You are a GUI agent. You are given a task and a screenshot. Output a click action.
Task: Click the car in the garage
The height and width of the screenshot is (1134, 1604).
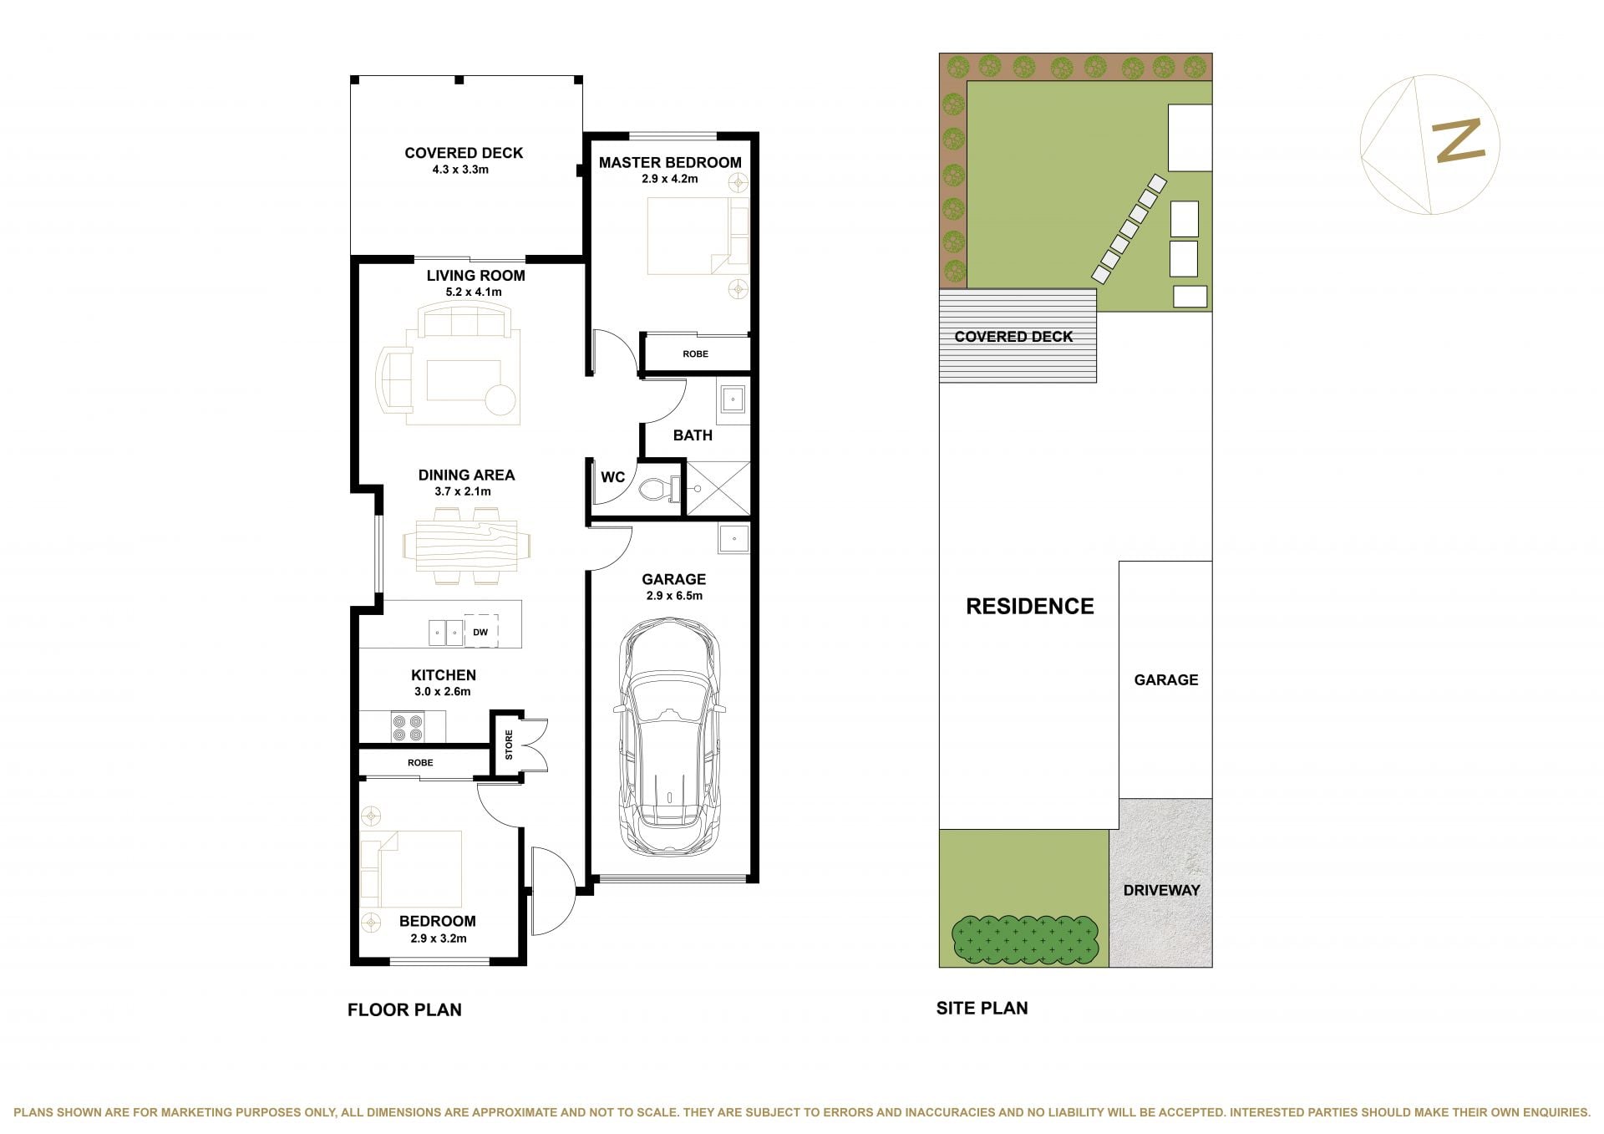point(669,735)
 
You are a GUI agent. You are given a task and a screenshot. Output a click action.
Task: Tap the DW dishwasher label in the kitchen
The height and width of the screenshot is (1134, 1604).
point(480,633)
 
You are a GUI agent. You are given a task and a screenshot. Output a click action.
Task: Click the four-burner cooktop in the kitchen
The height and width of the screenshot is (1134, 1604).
point(407,726)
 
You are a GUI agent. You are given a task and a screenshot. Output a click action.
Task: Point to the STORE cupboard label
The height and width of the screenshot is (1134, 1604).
point(509,745)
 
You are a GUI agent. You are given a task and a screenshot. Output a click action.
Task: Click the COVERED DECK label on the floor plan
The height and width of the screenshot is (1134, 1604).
point(464,153)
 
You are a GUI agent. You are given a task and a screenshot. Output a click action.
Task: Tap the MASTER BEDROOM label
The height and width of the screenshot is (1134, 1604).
point(670,162)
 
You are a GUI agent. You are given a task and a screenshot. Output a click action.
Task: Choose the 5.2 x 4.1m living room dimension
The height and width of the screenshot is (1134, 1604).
point(475,292)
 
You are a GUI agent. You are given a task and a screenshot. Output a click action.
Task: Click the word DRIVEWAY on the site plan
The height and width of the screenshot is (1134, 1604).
point(1161,890)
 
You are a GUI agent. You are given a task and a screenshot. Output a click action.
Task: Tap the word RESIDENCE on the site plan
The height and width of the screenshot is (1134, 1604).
point(1030,606)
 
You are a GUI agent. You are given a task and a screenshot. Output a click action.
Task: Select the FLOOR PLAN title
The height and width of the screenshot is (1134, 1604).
point(404,1009)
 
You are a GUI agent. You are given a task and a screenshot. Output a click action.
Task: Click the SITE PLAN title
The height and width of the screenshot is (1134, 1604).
point(982,1008)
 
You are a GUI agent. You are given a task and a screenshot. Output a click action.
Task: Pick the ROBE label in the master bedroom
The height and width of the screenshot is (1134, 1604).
point(695,354)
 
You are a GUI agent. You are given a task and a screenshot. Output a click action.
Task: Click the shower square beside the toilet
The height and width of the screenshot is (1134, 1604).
point(717,487)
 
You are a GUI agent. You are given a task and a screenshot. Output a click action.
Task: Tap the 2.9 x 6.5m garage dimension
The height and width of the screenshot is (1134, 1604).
point(674,596)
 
